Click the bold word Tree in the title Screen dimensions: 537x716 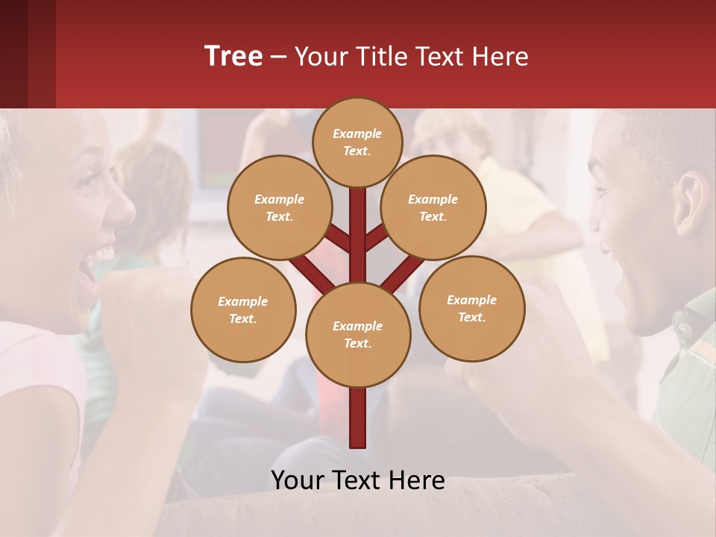(x=233, y=56)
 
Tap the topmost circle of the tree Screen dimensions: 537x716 (x=357, y=142)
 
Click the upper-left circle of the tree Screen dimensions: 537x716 (x=279, y=207)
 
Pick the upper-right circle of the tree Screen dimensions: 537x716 (x=433, y=207)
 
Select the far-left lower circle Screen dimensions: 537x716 (x=242, y=310)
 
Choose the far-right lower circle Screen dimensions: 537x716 (x=471, y=308)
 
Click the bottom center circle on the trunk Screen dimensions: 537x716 (x=357, y=334)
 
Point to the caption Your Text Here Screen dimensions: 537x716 (x=357, y=480)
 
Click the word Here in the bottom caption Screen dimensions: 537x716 (x=416, y=480)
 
